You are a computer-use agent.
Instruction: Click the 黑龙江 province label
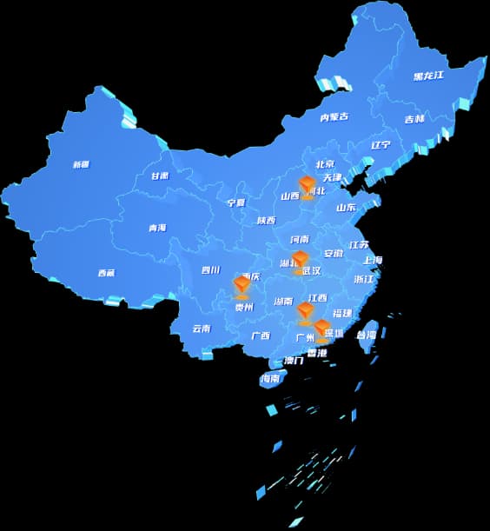[x=429, y=76]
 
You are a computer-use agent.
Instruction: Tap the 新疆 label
[x=81, y=164]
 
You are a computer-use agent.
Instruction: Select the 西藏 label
[x=106, y=273]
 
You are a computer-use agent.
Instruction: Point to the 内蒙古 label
[x=334, y=116]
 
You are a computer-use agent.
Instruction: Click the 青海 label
[x=156, y=229]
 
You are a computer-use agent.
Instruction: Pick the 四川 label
[x=210, y=270]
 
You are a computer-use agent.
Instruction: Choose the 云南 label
[x=202, y=329]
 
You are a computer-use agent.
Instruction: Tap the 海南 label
[x=271, y=379]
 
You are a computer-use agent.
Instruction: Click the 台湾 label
[x=367, y=335]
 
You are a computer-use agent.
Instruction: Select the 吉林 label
[x=414, y=119]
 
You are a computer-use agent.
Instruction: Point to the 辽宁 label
[x=381, y=145]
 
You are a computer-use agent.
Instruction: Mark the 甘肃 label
[x=160, y=176]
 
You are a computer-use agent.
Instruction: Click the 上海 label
[x=372, y=260]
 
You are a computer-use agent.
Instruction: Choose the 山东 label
[x=346, y=208]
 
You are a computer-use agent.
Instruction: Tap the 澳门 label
[x=294, y=361]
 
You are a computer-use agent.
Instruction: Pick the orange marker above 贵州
[x=242, y=285]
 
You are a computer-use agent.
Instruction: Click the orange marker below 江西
[x=305, y=311]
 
